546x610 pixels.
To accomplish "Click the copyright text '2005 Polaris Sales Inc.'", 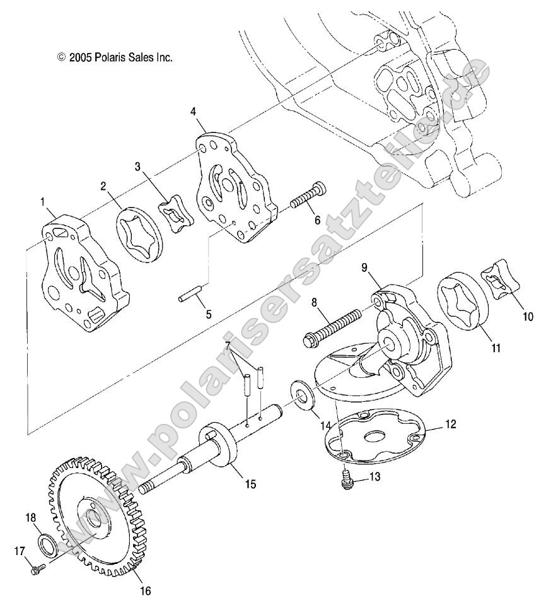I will [x=115, y=57].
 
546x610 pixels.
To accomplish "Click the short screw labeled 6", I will [x=309, y=195].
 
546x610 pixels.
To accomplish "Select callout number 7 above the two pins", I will [x=228, y=346].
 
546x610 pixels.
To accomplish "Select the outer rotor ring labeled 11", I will [x=465, y=300].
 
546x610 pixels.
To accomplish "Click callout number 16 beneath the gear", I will [x=145, y=591].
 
